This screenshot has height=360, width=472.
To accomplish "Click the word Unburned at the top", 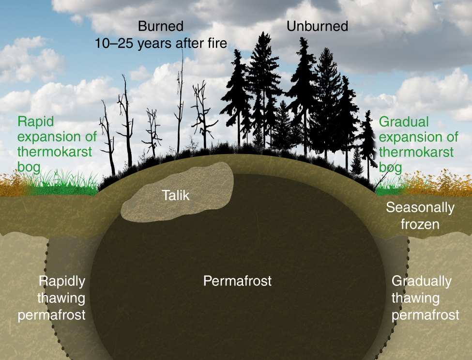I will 317,26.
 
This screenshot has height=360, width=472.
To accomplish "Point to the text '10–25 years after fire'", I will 161,43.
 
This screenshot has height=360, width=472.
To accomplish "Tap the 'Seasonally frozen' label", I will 420,216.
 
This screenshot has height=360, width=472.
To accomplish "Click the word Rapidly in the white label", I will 62,281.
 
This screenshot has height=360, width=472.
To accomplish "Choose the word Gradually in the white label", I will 422,281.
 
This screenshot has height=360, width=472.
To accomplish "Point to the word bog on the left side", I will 29,168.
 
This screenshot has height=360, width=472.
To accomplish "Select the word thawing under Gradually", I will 415,297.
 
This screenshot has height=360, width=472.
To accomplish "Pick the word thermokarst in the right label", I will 416,152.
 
